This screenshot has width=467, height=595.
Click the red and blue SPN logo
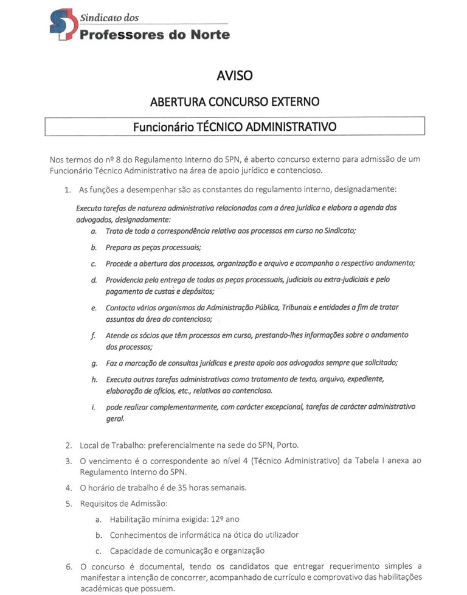[x=63, y=25]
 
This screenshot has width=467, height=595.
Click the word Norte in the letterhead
[x=209, y=35]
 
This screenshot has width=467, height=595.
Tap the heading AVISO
[x=233, y=76]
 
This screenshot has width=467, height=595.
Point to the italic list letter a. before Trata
[x=93, y=232]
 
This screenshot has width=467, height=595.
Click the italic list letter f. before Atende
[x=94, y=335]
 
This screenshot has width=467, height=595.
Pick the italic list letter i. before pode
[x=94, y=406]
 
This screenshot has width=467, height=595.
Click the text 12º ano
[x=226, y=520]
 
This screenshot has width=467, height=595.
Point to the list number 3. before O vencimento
[x=69, y=461]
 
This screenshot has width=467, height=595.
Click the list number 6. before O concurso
[x=69, y=566]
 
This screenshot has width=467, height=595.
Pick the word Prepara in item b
[x=120, y=247]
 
